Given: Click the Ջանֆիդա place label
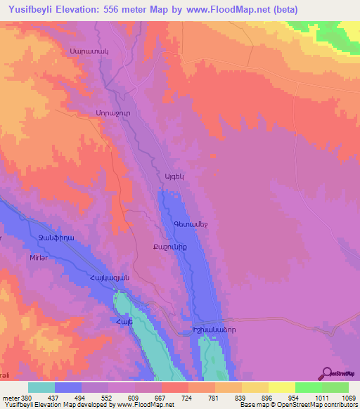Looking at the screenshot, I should [x=52, y=239].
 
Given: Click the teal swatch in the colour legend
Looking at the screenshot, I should [x=41, y=387].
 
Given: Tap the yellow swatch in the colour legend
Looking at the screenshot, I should [x=281, y=387].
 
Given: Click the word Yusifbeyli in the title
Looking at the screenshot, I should [x=31, y=10].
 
